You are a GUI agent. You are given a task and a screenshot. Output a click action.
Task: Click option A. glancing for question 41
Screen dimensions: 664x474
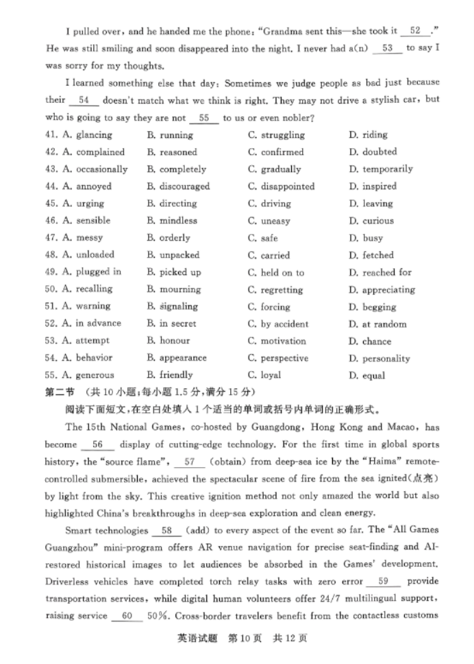click(88, 135)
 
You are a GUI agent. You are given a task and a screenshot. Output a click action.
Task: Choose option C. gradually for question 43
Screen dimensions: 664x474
click(274, 169)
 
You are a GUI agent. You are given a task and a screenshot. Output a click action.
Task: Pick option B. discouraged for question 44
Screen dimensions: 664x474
click(177, 187)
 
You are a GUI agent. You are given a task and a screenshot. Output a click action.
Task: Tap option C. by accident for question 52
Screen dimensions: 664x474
click(278, 324)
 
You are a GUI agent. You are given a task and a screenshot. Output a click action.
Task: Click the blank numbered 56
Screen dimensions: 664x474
click(97, 444)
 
